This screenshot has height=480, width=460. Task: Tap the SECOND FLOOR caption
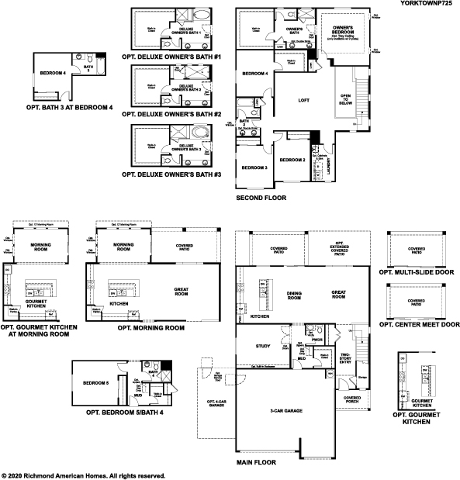point(261,199)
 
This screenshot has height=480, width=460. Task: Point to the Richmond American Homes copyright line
point(84,475)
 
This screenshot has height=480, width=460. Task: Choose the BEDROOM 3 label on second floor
point(254,167)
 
